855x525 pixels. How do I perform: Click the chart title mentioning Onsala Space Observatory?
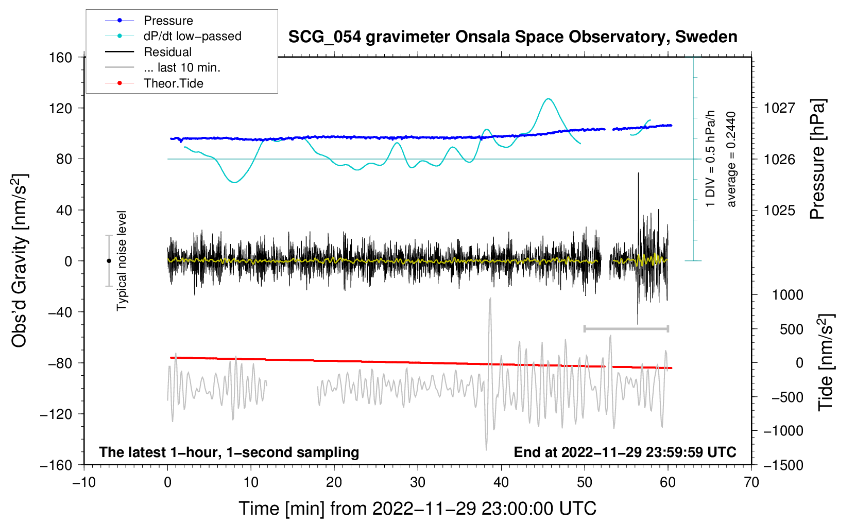coord(512,37)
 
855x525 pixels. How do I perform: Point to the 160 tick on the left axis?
coord(61,57)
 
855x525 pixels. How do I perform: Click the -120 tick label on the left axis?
coord(56,414)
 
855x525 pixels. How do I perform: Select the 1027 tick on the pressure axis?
coord(779,108)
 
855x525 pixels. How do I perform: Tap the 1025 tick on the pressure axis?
coord(779,210)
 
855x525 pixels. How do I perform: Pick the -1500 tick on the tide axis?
coord(783,465)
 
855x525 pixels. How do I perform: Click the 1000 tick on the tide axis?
coord(787,295)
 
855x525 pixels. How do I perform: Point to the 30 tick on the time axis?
coord(418,482)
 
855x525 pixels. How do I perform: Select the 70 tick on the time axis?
coord(751,482)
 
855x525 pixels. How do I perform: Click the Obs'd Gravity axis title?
coord(19,260)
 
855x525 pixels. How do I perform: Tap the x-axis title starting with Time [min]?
coord(417,509)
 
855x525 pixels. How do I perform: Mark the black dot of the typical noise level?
coord(109,261)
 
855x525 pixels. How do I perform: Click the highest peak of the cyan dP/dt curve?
coord(549,99)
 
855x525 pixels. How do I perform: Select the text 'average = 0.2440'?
coord(731,159)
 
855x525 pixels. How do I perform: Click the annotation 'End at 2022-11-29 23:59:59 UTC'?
coord(625,452)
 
